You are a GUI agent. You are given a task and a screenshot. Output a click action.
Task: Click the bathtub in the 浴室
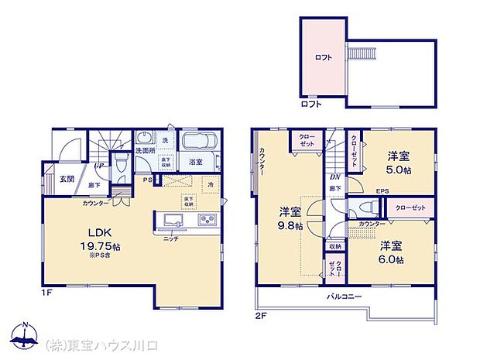pos(201,144)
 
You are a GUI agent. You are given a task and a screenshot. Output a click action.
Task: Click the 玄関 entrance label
pos(67,180)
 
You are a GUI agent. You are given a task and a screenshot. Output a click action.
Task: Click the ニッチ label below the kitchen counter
pos(170,238)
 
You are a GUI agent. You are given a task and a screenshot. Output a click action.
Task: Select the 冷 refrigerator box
pos(211,185)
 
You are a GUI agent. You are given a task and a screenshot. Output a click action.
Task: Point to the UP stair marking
pos(99,165)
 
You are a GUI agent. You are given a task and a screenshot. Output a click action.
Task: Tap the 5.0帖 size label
pos(400,170)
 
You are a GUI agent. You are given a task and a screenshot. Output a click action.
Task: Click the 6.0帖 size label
pos(391,260)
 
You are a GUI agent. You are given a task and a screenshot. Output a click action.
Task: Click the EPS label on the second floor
pos(383,191)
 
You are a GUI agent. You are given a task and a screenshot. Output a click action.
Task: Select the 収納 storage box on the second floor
pos(334,247)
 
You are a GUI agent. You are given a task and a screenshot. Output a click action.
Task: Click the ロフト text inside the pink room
pos(323,57)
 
